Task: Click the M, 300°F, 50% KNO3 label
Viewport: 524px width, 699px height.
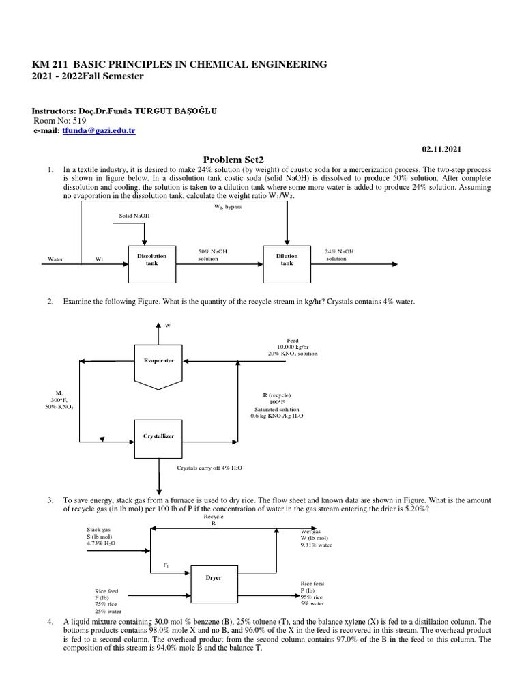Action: pos(59,400)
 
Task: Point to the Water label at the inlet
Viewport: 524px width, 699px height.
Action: pos(55,259)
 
